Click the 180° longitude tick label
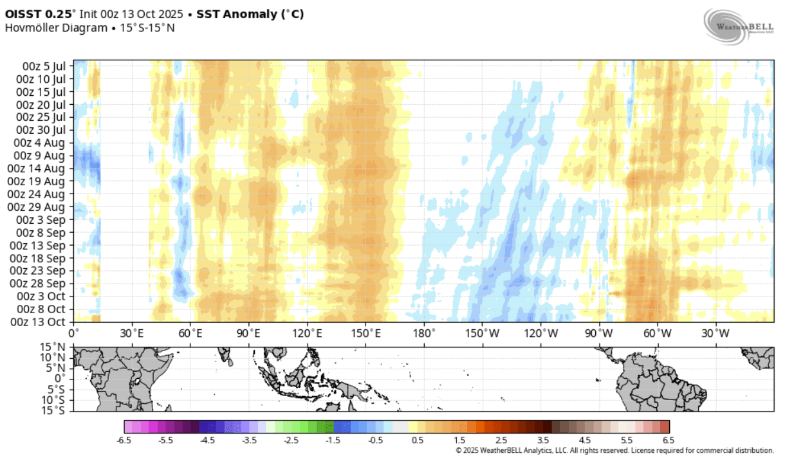tap(424, 333)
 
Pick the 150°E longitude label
tap(365, 333)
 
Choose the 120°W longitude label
tap(540, 333)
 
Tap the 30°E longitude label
tap(132, 333)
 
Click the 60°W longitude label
tap(657, 333)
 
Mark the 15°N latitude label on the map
tap(53, 347)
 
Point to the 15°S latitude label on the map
tap(53, 410)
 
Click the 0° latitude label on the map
tap(60, 378)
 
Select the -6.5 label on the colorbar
tap(124, 441)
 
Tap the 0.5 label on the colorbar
tap(417, 441)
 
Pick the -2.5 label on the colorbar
tap(291, 441)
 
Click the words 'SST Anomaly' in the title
tap(232, 13)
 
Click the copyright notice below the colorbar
tap(614, 450)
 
